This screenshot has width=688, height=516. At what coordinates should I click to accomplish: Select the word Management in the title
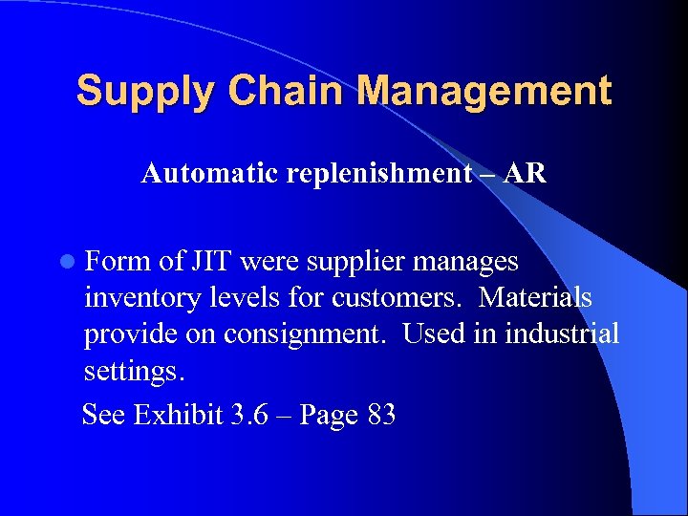486,93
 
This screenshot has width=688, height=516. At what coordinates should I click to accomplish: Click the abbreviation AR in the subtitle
526,173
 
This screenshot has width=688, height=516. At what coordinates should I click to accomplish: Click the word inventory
140,299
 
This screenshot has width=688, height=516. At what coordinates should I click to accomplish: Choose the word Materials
535,298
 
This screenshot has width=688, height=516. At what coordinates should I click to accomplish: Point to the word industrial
564,334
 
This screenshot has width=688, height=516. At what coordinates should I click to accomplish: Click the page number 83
380,416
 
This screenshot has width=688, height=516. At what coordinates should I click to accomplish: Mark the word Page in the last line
329,417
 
